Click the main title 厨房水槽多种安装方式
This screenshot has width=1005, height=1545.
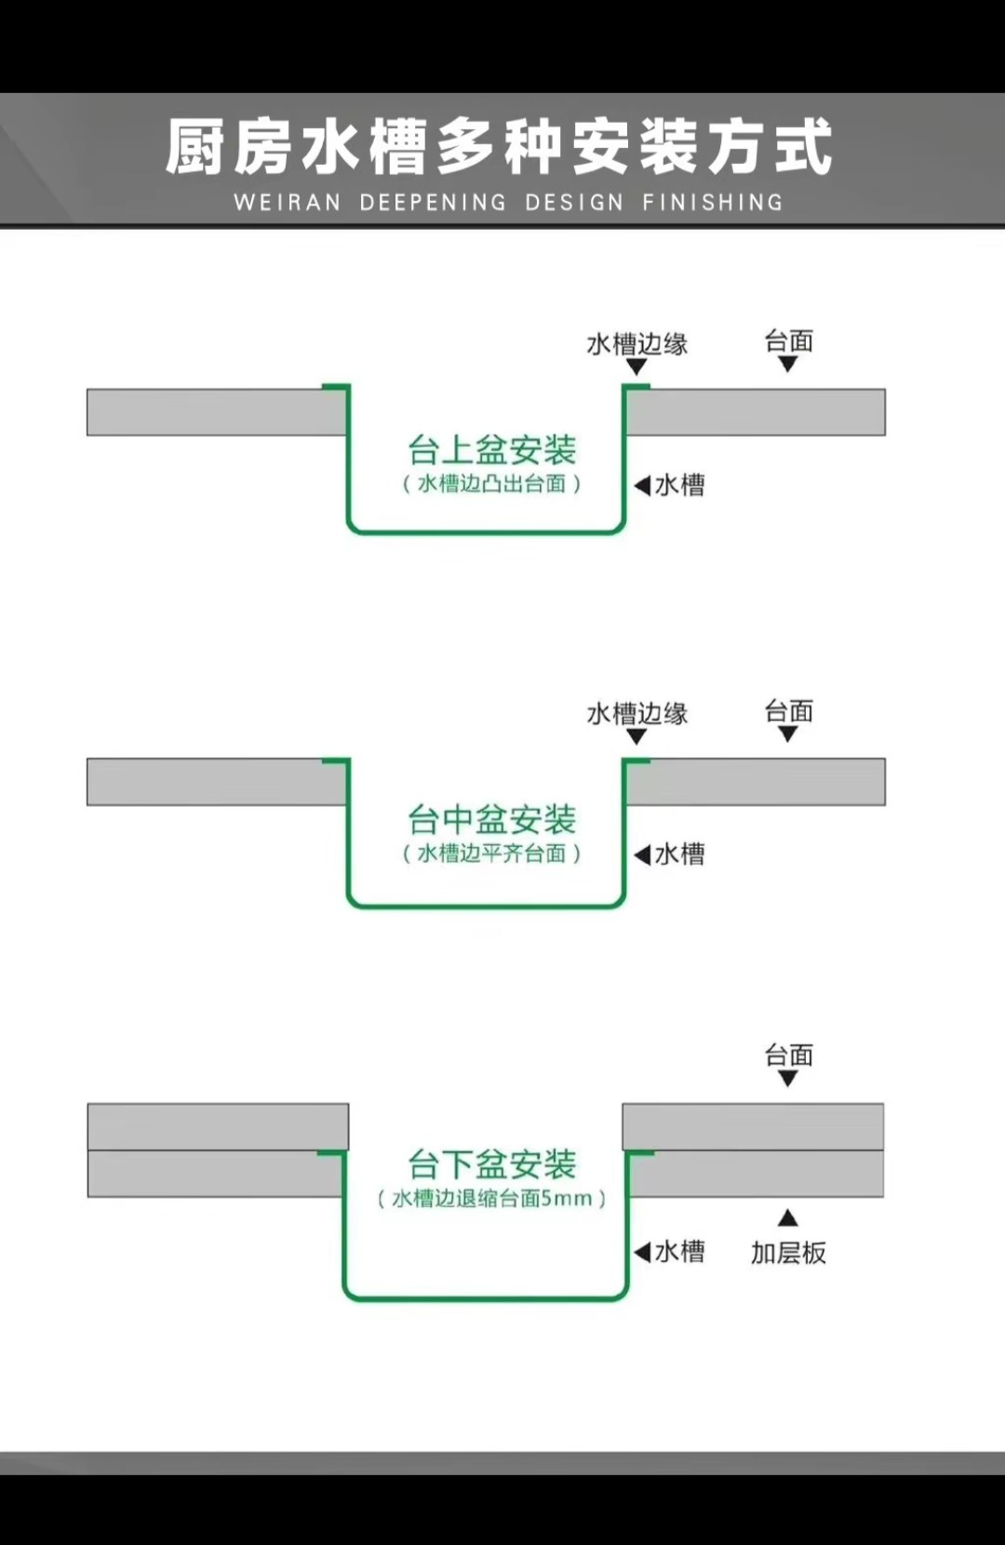click(x=500, y=147)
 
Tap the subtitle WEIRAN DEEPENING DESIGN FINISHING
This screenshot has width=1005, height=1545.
click(x=508, y=203)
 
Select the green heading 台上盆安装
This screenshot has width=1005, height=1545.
click(x=492, y=450)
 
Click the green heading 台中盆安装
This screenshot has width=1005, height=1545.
click(x=492, y=820)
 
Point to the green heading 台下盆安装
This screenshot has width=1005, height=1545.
click(x=492, y=1164)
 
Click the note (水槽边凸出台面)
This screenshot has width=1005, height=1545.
click(x=492, y=484)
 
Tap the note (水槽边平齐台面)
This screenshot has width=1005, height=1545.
click(x=492, y=853)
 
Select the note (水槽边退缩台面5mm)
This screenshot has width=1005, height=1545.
click(x=492, y=1199)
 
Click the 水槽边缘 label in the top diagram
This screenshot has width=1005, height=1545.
click(x=637, y=344)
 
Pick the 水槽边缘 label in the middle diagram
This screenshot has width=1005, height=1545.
click(x=637, y=714)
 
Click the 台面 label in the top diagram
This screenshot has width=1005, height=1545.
click(x=788, y=342)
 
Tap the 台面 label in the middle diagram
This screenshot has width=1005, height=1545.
click(x=788, y=712)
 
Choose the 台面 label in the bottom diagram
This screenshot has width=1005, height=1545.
click(x=788, y=1055)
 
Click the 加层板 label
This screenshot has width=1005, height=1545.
click(x=788, y=1253)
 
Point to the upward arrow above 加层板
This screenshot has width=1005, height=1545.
click(x=788, y=1217)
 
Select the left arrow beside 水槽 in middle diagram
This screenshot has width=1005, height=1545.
click(x=642, y=854)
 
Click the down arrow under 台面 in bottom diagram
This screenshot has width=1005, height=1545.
click(x=788, y=1079)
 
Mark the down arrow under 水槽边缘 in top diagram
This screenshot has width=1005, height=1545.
click(x=636, y=367)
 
